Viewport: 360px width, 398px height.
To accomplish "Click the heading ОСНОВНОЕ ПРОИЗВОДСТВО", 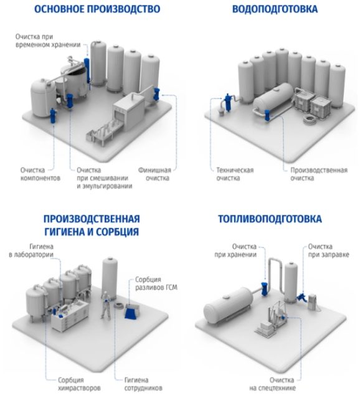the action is coord(97,9).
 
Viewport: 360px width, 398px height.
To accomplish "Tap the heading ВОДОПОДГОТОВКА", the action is coord(275,9).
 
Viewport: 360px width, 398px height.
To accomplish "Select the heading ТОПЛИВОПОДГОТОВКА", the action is coord(270,219).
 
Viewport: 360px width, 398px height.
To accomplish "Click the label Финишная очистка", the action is coord(155,174).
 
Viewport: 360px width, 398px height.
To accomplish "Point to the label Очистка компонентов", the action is coord(40,174).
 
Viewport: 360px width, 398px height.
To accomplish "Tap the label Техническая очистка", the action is coord(235,174).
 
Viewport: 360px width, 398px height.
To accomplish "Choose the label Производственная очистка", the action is coord(319,174).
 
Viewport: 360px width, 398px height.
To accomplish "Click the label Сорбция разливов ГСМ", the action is coord(156,283).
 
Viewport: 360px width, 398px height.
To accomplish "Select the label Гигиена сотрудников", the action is coord(143,384).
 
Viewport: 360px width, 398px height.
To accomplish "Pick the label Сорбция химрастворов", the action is coord(79,384).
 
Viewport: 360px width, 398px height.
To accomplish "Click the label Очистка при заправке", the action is coord(328,250).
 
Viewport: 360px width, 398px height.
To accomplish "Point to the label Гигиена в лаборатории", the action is coord(31,250).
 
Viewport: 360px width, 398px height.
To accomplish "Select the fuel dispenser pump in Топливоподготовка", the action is coord(312,301).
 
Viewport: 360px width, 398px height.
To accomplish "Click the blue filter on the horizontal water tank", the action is coord(267,115).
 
